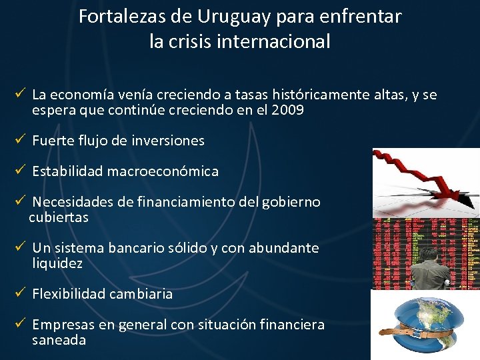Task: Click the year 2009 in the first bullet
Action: point(288,110)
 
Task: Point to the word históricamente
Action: point(323,95)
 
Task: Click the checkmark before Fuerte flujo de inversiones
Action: point(21,140)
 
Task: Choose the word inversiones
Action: point(169,141)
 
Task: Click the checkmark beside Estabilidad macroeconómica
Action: point(21,171)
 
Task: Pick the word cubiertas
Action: point(58,217)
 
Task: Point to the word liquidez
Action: point(57,263)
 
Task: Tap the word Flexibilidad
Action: point(71,294)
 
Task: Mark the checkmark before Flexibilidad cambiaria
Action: point(21,293)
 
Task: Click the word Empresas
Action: point(60,325)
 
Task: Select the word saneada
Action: point(59,340)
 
